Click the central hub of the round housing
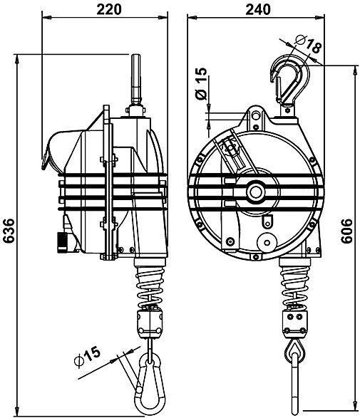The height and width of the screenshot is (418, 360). [254, 191]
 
